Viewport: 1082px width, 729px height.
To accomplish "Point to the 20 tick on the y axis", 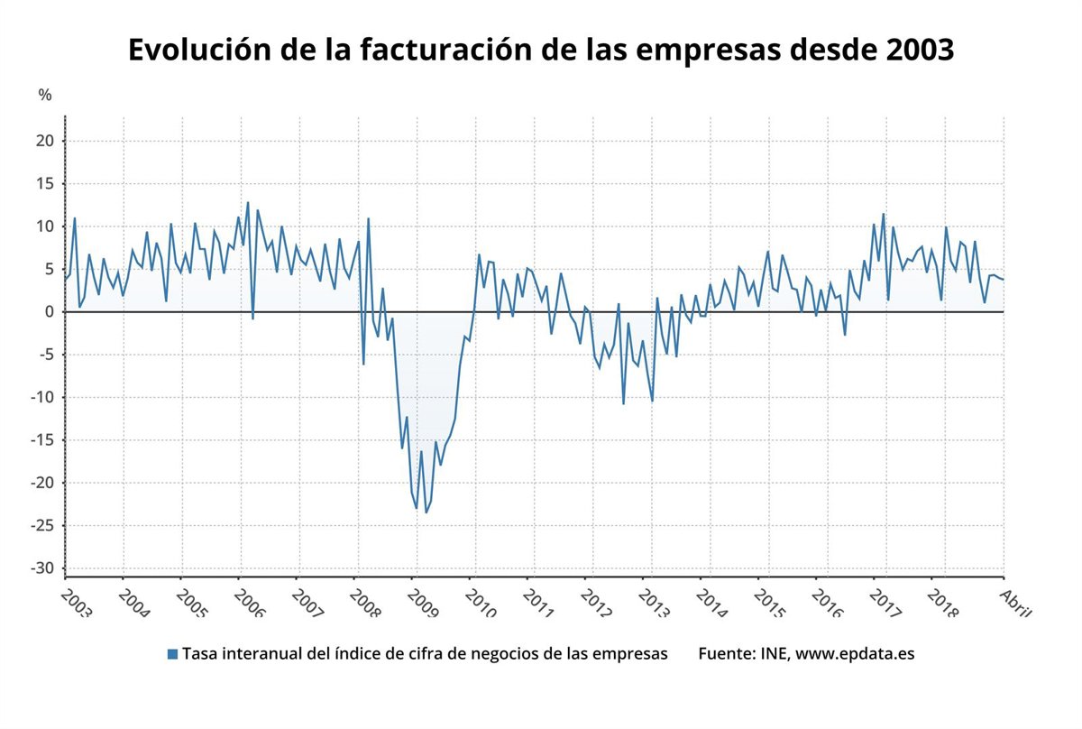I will [46, 141].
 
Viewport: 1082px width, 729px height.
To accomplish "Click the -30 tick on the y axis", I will [42, 568].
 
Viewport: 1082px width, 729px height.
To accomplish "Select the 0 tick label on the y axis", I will [50, 312].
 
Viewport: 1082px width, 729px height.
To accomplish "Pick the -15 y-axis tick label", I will [42, 440].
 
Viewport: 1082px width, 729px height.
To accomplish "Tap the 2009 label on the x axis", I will [421, 601].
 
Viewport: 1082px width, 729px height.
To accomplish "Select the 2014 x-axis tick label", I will [714, 601].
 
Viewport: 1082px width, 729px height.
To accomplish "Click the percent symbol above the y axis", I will [45, 95].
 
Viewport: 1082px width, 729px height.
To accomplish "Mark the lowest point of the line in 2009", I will [426, 512].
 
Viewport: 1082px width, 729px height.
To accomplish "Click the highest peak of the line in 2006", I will [248, 202].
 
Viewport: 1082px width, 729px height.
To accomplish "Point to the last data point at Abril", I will [1004, 279].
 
